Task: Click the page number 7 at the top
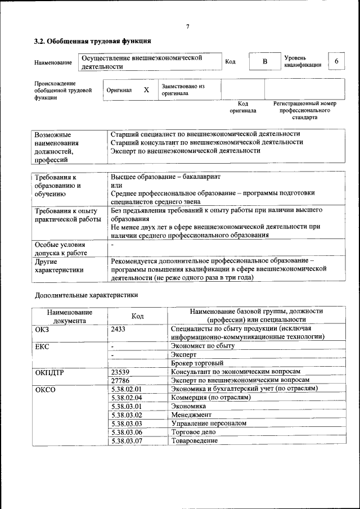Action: (x=187, y=27)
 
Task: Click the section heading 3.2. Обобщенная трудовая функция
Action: (x=92, y=41)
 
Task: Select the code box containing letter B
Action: (x=264, y=61)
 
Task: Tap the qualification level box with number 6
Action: (x=336, y=61)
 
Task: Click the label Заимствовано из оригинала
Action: (x=183, y=90)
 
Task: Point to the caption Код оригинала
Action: (x=242, y=107)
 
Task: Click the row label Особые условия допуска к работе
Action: (x=60, y=249)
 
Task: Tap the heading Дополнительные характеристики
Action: (x=86, y=294)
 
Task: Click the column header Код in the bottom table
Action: (x=137, y=316)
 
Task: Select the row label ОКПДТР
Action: (x=49, y=372)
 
